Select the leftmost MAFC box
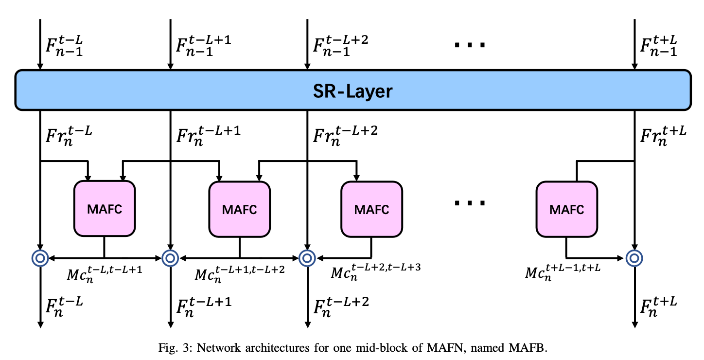click(104, 208)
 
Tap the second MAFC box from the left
click(239, 208)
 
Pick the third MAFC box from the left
click(371, 208)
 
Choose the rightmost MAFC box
click(566, 208)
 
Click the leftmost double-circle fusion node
click(40, 258)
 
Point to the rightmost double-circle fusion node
click(634, 258)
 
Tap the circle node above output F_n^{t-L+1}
click(170, 258)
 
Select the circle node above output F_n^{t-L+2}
click(307, 258)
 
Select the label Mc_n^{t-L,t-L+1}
click(104, 273)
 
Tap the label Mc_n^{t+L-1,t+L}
click(563, 273)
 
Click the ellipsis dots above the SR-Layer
click(469, 45)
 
